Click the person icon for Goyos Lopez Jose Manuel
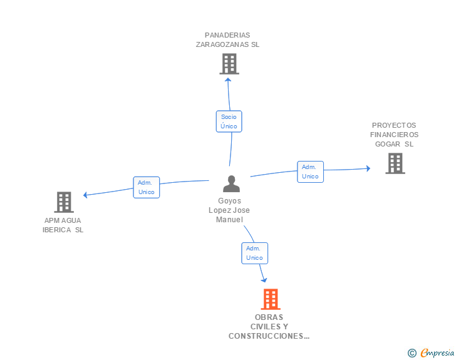[x=232, y=184]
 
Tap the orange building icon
[x=271, y=299]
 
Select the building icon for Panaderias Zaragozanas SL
[x=229, y=64]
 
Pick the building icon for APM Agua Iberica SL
[x=64, y=202]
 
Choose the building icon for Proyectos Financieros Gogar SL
[x=395, y=163]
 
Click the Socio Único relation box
[x=229, y=121]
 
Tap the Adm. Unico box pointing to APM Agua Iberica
[x=147, y=187]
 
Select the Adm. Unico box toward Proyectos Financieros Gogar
[x=310, y=172]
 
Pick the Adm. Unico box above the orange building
[x=254, y=253]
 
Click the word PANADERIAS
[x=227, y=35]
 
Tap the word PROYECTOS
[x=394, y=125]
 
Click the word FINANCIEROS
[x=395, y=135]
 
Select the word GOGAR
[x=388, y=144]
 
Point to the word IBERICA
[x=57, y=230]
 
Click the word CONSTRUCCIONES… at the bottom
[x=269, y=336]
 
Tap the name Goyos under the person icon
[x=229, y=201]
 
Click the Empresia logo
[x=431, y=352]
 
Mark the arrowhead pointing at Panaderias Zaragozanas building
[x=228, y=80]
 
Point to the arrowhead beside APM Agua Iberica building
[x=85, y=195]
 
